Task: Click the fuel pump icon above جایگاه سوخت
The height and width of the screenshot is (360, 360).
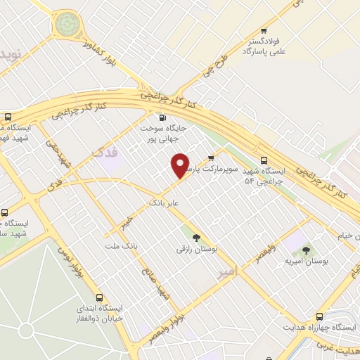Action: tap(163, 118)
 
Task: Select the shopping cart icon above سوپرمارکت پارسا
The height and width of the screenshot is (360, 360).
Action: tap(211, 157)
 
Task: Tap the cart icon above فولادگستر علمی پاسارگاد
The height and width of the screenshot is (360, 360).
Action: tap(264, 30)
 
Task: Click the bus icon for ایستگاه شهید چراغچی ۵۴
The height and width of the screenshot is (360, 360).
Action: tap(264, 160)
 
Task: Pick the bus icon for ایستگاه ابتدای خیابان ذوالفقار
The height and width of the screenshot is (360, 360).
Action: tap(100, 297)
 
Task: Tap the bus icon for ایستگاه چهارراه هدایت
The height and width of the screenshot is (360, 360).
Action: tap(320, 317)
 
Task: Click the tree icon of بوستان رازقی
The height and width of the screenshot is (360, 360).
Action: tap(196, 238)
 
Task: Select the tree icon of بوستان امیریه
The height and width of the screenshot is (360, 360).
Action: tap(305, 250)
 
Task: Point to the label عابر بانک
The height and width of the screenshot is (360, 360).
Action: tap(164, 202)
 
